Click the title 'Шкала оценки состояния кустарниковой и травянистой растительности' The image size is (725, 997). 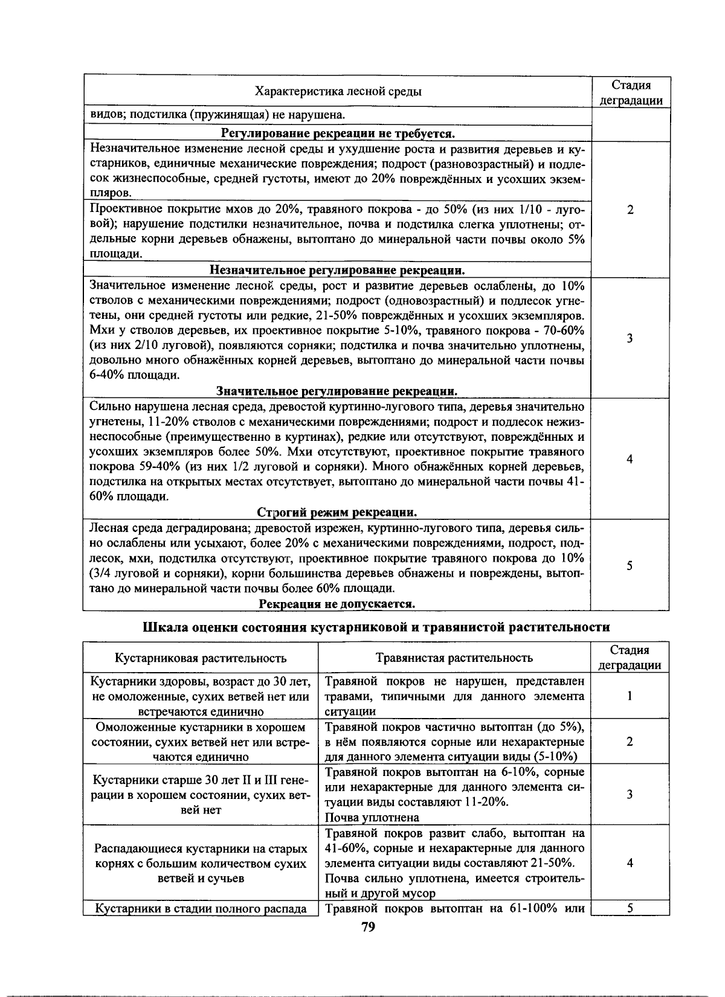(x=376, y=627)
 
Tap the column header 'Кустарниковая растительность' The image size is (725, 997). (x=201, y=658)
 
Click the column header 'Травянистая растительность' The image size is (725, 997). (x=454, y=658)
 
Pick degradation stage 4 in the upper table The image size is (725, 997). (x=630, y=460)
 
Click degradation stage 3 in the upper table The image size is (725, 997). (x=630, y=338)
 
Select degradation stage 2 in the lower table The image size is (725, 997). (x=630, y=741)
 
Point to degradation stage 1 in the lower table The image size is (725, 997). (x=630, y=696)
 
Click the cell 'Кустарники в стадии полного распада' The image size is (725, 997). (x=201, y=909)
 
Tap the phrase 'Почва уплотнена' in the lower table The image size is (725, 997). (x=372, y=818)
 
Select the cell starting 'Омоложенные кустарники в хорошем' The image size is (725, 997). (x=201, y=742)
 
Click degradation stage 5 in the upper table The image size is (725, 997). (x=630, y=566)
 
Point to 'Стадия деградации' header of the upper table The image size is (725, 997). (x=630, y=92)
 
